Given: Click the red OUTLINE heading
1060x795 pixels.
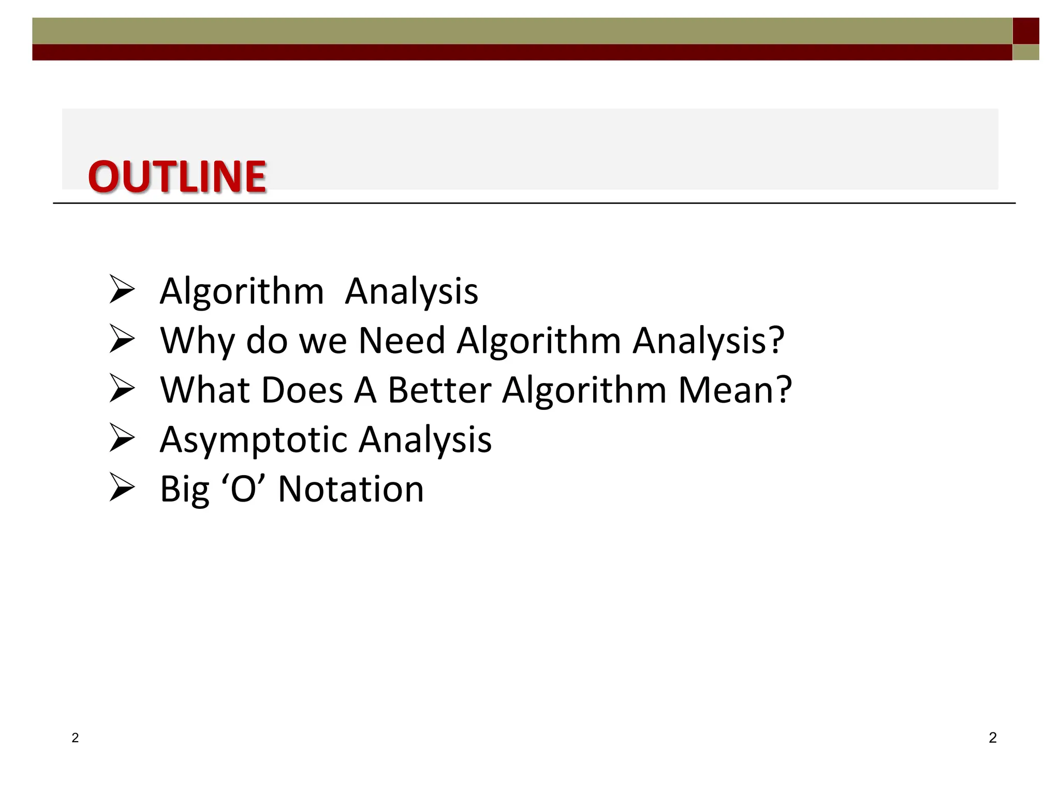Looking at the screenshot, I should click(177, 177).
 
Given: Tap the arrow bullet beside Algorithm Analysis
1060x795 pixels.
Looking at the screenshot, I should click(122, 289).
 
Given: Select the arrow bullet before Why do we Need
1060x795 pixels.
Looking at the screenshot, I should click(122, 339).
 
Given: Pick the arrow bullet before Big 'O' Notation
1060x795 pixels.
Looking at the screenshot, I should click(122, 488).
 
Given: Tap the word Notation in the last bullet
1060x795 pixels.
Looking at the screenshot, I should click(351, 489).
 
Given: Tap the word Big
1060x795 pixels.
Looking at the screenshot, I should click(185, 490).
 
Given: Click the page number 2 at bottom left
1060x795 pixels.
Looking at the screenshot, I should click(75, 738).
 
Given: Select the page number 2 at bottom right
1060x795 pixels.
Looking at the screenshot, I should click(992, 738).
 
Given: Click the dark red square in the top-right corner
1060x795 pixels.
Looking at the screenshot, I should click(1025, 31).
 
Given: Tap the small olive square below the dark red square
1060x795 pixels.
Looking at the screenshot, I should click(1025, 52).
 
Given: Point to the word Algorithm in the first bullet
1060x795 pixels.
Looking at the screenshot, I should click(242, 291).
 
